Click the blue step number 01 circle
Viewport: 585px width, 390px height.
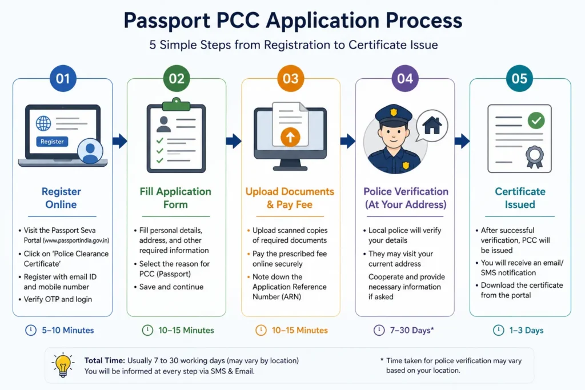pyautogui.click(x=63, y=78)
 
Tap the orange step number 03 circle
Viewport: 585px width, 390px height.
pyautogui.click(x=291, y=78)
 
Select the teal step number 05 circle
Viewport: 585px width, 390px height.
pyautogui.click(x=519, y=78)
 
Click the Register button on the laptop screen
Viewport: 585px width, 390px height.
pyautogui.click(x=52, y=142)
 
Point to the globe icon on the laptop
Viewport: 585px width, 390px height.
pyautogui.click(x=43, y=123)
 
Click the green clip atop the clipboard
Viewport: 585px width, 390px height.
pyautogui.click(x=176, y=104)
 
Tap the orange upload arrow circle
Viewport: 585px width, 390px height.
pyautogui.click(x=290, y=137)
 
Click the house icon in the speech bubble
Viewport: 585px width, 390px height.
pyautogui.click(x=432, y=125)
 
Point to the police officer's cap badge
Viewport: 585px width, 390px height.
pyautogui.click(x=393, y=112)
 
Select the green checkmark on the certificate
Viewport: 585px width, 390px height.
pyautogui.click(x=536, y=120)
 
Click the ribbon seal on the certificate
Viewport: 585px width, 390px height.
pyautogui.click(x=535, y=156)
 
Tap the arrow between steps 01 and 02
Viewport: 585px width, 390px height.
pyautogui.click(x=120, y=141)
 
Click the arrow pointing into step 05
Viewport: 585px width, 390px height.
pyautogui.click(x=462, y=141)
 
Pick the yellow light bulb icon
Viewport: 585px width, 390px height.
pyautogui.click(x=63, y=365)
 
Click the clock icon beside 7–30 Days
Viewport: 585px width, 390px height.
pyautogui.click(x=379, y=330)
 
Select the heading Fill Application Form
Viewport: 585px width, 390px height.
pyautogui.click(x=175, y=198)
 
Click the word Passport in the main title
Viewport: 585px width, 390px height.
pyautogui.click(x=167, y=21)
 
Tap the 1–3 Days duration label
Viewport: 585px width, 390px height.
pyautogui.click(x=526, y=331)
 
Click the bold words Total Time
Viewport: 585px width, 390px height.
pyautogui.click(x=105, y=360)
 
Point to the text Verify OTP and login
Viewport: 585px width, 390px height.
pyautogui.click(x=58, y=299)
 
